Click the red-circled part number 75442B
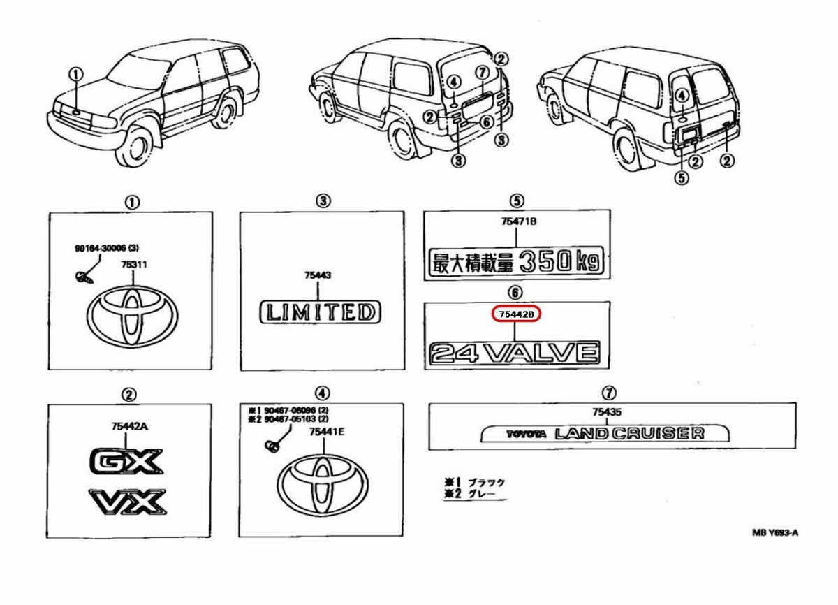coord(517,315)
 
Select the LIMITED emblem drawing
coord(321,312)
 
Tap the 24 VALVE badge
coord(515,353)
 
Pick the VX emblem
coord(128,501)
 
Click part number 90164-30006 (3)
coord(107,248)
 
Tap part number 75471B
coord(516,221)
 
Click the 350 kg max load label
coord(517,263)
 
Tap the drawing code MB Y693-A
coord(774,532)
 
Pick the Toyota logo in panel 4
coord(323,484)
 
